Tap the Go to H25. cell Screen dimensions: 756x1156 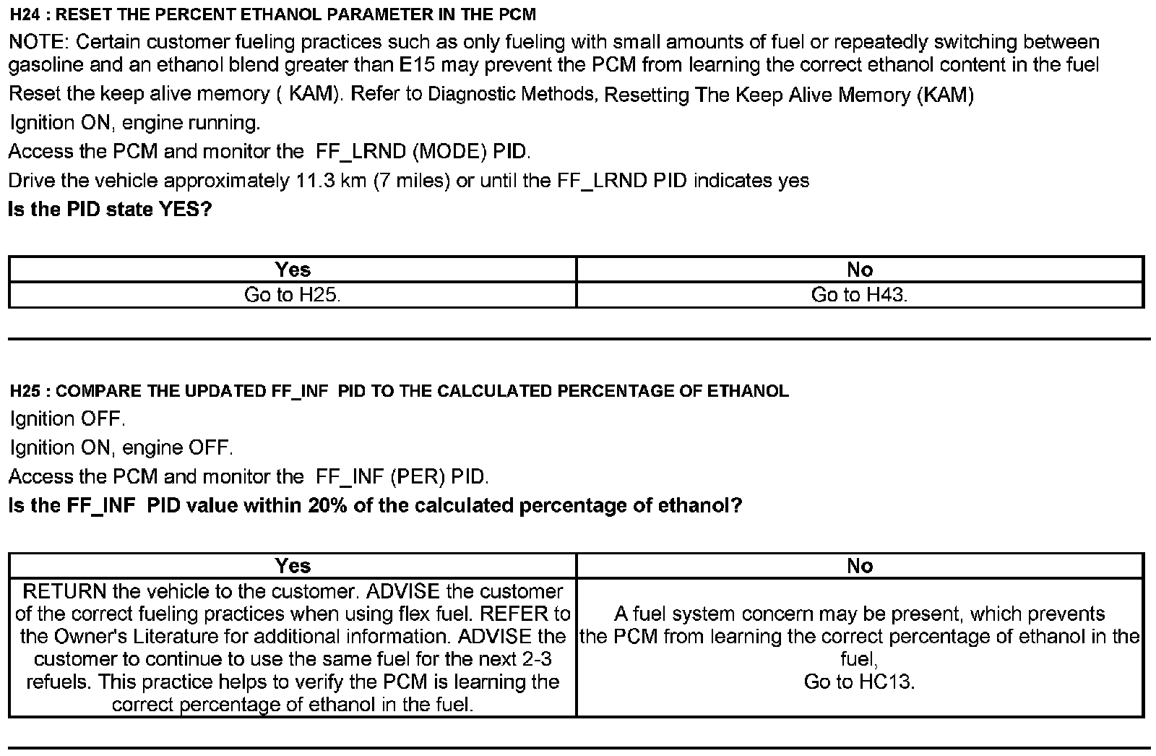(293, 295)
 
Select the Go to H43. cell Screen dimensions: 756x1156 (860, 295)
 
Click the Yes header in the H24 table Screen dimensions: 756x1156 (293, 270)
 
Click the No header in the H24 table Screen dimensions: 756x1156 (860, 270)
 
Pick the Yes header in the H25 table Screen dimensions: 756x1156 (293, 566)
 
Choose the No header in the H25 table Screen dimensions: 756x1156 (860, 566)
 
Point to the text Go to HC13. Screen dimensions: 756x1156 (860, 682)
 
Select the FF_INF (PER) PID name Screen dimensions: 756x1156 (402, 477)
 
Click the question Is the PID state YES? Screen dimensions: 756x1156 (110, 210)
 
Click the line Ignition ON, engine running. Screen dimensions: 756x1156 (135, 123)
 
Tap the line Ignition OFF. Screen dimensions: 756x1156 (68, 419)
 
